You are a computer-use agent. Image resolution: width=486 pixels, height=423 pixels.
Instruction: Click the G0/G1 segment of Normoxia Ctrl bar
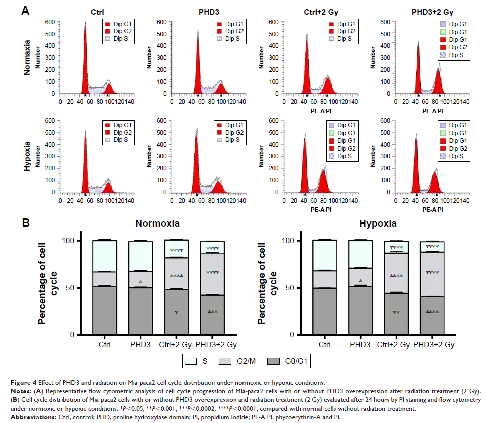pyautogui.click(x=105, y=310)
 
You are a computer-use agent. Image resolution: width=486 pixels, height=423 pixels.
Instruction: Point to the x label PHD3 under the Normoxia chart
pyautogui.click(x=141, y=345)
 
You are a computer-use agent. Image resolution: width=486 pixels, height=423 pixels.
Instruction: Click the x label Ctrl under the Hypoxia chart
pyautogui.click(x=325, y=345)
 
